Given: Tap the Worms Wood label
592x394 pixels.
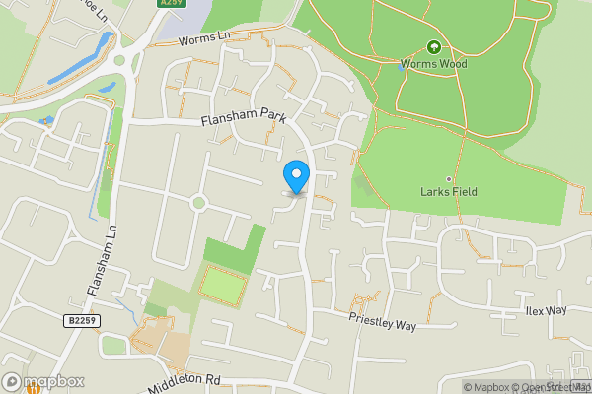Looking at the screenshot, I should tap(433, 64).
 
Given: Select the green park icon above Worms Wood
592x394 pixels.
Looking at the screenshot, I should tap(433, 46).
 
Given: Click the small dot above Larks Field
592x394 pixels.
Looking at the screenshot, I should tap(448, 179).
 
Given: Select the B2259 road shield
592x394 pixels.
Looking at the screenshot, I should tap(84, 320).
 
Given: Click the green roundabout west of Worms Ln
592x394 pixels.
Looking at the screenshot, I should tap(119, 59).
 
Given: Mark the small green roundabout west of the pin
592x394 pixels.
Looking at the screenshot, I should tap(198, 204).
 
